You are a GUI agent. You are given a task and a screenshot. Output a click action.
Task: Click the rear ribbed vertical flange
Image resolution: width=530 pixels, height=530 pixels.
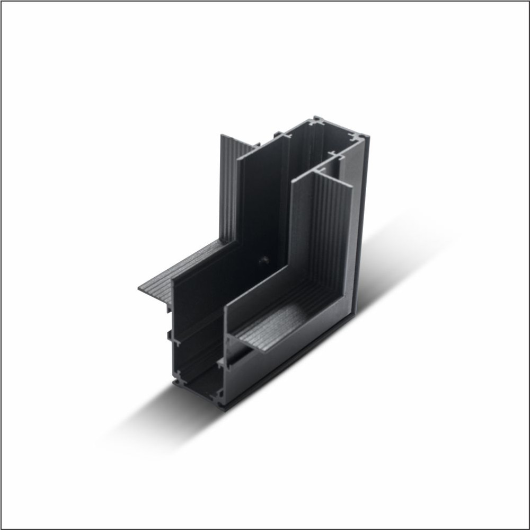tap(228, 191)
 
